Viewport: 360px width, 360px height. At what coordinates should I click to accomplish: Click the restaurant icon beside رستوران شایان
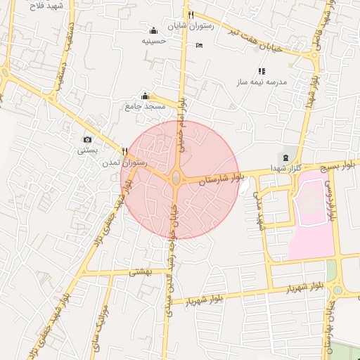point(191,15)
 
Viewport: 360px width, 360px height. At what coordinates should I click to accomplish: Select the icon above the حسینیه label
point(153,30)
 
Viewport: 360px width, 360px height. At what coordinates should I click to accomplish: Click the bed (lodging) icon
point(199,45)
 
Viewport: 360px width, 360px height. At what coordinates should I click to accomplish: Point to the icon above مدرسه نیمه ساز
point(262,71)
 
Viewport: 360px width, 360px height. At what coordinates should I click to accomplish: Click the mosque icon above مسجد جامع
point(145,96)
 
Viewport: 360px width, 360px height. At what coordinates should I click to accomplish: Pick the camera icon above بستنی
point(87,140)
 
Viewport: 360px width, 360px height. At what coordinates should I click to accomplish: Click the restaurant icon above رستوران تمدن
point(124,150)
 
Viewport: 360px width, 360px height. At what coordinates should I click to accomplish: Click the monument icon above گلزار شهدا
point(285,156)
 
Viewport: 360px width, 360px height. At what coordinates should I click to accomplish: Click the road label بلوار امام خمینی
point(181,112)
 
